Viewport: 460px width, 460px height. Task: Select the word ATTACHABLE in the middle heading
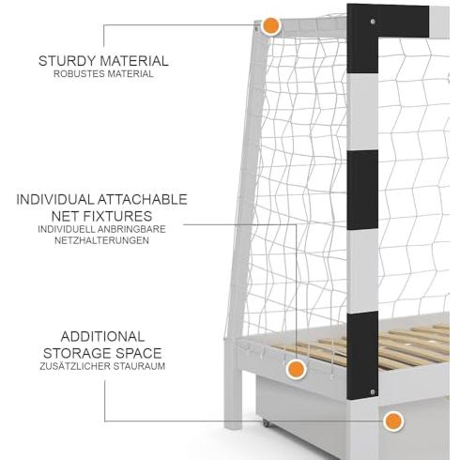click(x=142, y=200)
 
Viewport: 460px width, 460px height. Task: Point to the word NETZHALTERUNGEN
click(x=101, y=240)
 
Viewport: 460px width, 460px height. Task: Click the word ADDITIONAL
click(x=102, y=337)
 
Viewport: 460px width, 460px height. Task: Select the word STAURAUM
click(x=139, y=366)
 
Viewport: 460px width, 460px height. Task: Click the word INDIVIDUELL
click(x=66, y=229)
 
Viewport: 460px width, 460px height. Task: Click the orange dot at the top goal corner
click(x=271, y=26)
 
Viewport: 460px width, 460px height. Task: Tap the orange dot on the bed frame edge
click(x=296, y=369)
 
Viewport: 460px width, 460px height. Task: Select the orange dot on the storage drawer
click(x=393, y=422)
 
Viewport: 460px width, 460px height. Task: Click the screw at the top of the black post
click(x=373, y=22)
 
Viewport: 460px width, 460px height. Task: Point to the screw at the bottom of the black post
click(x=372, y=391)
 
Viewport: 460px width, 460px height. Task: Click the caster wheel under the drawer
click(x=266, y=423)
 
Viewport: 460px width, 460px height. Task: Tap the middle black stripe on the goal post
click(x=362, y=190)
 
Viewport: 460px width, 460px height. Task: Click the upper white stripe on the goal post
click(x=362, y=112)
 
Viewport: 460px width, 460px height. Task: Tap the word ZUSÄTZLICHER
click(x=75, y=365)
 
